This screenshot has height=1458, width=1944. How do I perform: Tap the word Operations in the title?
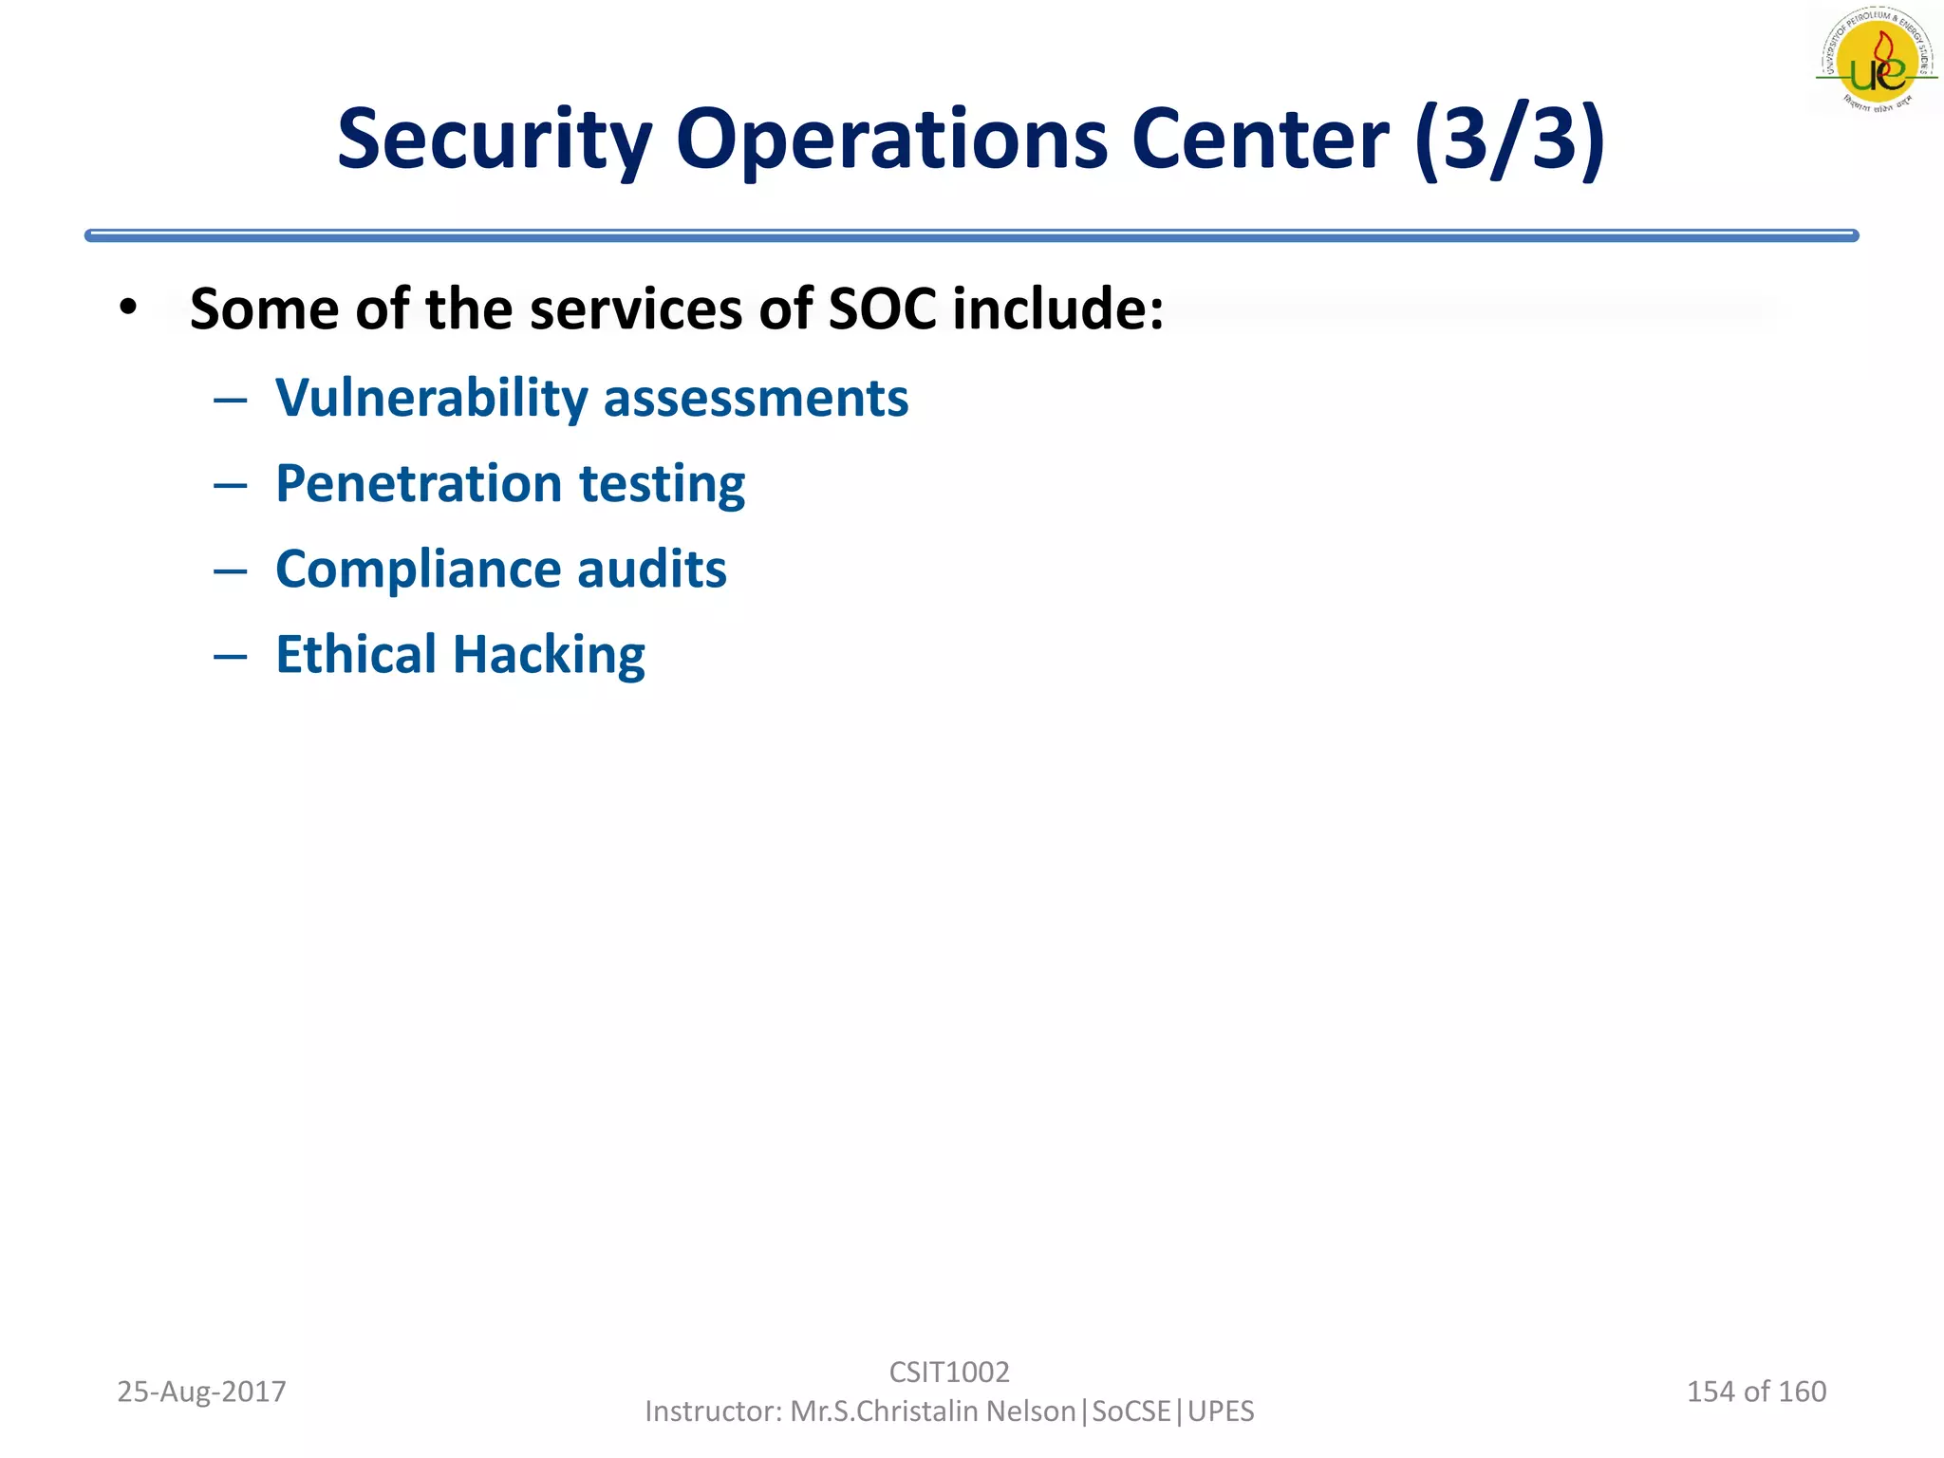890,140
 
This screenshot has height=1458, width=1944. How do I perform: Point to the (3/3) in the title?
1510,140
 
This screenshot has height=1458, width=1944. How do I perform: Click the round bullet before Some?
129,308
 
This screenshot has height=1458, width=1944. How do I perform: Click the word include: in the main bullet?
1057,309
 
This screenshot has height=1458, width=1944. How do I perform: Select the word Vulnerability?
432,398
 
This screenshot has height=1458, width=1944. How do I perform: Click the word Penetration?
419,483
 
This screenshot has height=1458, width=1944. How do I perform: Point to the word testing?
662,485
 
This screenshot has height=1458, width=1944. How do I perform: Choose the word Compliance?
419,570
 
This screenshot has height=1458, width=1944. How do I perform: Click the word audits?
652,569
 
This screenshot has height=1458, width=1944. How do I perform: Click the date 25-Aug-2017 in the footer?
201,1392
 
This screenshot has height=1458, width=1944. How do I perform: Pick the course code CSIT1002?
949,1372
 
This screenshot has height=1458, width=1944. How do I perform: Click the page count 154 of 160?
1756,1392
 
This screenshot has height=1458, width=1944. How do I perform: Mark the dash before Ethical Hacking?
231,656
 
